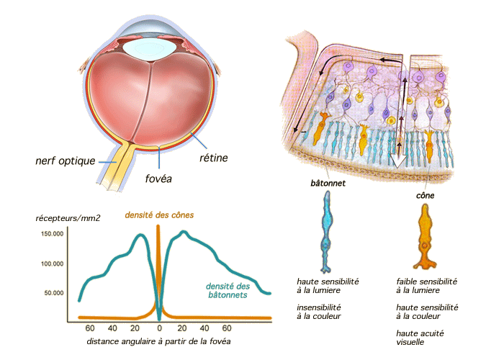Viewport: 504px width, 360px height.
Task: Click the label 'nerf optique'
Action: (x=66, y=161)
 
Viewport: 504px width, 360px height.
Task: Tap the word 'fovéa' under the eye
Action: (x=158, y=179)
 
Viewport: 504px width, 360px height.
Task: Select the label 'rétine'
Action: (x=214, y=158)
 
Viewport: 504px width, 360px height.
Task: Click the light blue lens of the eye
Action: (x=150, y=49)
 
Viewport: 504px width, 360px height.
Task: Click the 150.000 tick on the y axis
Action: (x=53, y=234)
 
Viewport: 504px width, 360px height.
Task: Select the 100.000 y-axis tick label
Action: (x=53, y=264)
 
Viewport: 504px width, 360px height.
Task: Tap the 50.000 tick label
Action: (x=54, y=293)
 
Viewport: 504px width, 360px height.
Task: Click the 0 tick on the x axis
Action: (x=159, y=328)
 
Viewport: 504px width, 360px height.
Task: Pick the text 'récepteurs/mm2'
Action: (x=68, y=219)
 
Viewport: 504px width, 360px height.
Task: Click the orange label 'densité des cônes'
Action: (x=159, y=215)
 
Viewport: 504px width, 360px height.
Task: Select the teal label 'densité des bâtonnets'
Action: (x=228, y=291)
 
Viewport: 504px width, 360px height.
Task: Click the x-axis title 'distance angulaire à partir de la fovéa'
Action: (x=158, y=341)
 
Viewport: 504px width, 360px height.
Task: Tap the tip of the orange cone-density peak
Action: (x=158, y=226)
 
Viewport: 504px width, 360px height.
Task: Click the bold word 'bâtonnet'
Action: (x=328, y=183)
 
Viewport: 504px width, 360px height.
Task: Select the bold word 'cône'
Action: (x=426, y=195)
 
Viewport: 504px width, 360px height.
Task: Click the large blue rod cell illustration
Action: (x=327, y=231)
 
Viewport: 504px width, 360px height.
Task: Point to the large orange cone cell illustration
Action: (x=425, y=237)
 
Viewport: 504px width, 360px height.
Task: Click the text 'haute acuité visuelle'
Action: (x=420, y=338)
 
